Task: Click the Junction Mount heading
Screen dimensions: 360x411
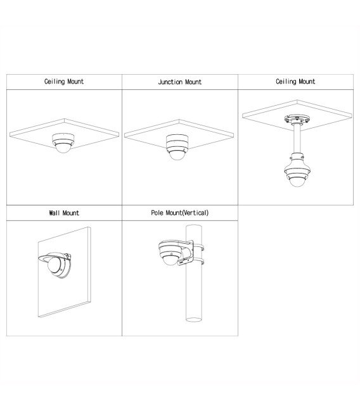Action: [x=180, y=82]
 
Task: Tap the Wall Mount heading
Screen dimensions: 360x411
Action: [x=64, y=213]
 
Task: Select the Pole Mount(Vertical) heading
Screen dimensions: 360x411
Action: [x=180, y=213]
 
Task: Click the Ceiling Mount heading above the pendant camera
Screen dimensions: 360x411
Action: [x=295, y=82]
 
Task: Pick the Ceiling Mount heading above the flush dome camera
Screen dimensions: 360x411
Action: [x=64, y=82]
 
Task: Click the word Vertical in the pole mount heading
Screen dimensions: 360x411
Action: [x=195, y=213]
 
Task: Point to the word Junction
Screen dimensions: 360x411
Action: [x=170, y=82]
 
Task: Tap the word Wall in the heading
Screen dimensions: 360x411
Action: [x=55, y=213]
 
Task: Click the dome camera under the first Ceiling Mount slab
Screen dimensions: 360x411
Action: [x=63, y=143]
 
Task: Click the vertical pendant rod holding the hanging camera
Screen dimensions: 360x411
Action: [x=297, y=139]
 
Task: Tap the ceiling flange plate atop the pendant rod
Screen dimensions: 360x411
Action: [x=297, y=119]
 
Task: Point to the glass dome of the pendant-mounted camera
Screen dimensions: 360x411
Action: [x=297, y=181]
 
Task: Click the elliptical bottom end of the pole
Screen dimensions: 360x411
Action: [x=194, y=320]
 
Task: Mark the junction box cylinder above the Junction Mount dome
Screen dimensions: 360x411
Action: [x=177, y=140]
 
